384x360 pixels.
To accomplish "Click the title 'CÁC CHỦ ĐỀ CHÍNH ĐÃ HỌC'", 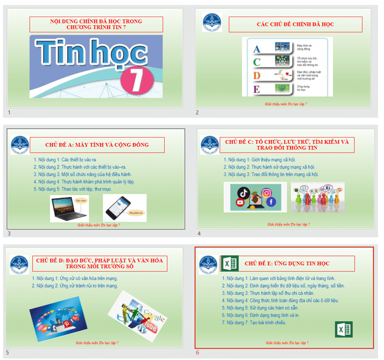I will (295, 24).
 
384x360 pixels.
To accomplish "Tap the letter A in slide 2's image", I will (256, 49).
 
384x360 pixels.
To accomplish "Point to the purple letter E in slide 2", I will (256, 89).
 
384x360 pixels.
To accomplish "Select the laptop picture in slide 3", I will (69, 208).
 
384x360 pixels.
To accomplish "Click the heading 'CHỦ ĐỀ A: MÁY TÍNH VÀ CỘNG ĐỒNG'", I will (97, 145).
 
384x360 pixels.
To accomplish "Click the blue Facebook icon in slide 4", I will (271, 202).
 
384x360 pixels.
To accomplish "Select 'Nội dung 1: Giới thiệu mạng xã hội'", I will (259, 160).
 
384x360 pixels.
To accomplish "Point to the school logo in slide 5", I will (19, 265).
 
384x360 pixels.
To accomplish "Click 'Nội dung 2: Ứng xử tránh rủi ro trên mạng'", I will (75, 286).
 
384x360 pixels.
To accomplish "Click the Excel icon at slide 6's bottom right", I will (344, 329).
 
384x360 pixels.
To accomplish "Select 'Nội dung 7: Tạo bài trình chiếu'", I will (254, 323).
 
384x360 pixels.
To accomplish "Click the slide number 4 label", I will (199, 233).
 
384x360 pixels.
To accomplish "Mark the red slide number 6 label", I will (197, 353).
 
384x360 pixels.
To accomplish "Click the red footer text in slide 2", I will (286, 104).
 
